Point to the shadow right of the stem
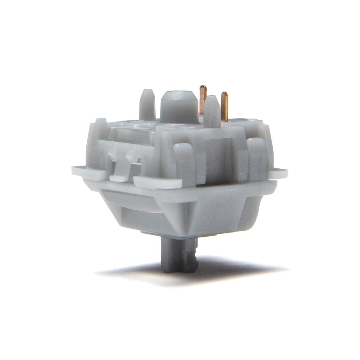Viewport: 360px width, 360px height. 240,267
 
